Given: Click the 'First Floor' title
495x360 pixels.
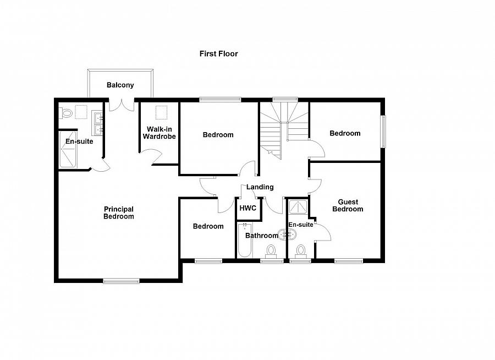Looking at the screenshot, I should pos(218,54).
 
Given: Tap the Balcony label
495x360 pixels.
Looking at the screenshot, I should pos(120,85).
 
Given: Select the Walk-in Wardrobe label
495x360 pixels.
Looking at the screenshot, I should pos(159,133).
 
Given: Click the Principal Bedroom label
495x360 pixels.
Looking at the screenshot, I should pos(119,213).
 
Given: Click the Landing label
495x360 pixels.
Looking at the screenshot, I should pos(260,187).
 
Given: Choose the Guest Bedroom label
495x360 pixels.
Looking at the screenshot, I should pos(348,206).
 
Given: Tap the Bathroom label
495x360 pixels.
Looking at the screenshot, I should pos(261,236).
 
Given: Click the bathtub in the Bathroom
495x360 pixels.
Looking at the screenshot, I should pos(244,241).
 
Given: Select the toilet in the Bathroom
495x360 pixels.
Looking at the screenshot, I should pos(271,251).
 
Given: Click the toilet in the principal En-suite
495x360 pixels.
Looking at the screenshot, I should pos(67,114).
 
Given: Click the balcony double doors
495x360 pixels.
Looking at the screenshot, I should pos(120,105).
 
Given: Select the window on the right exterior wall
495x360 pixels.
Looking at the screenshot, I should pos(383,131).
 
